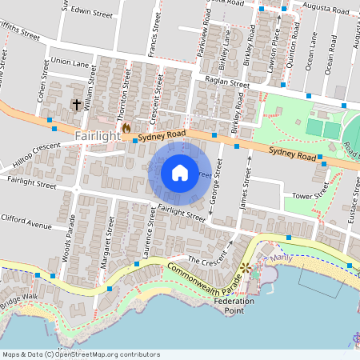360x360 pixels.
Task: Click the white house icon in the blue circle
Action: click(180, 172)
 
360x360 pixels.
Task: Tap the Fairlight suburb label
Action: click(97, 138)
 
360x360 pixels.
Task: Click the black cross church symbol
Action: click(78, 104)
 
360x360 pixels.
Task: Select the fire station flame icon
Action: click(126, 127)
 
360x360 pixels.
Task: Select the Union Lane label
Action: click(70, 62)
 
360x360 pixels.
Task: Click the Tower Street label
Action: click(310, 195)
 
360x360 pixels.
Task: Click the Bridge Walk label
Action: click(18, 302)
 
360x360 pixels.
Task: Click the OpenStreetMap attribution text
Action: click(80, 354)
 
